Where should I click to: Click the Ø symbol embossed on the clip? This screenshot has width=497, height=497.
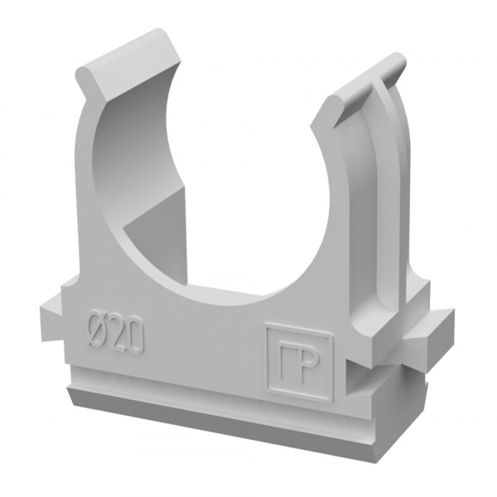pos(97,331)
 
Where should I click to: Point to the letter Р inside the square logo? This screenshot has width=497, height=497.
pos(306,368)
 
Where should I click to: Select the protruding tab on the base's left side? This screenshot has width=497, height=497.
pos(51,319)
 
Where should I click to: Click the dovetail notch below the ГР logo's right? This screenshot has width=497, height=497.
pos(355,379)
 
